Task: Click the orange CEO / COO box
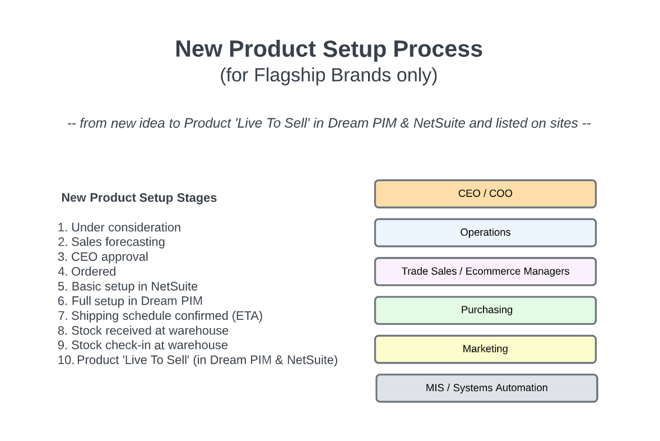click(x=485, y=194)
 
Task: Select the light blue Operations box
click(x=485, y=233)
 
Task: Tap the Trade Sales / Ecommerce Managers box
click(x=485, y=272)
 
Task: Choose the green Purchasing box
click(x=485, y=310)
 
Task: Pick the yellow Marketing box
click(x=485, y=349)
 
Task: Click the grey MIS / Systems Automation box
click(x=486, y=388)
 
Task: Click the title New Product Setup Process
click(x=329, y=49)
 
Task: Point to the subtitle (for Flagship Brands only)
click(x=329, y=76)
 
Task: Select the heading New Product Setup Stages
click(x=139, y=197)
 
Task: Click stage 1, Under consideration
click(x=119, y=227)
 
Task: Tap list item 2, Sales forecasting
click(x=111, y=242)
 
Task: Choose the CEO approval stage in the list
click(x=103, y=257)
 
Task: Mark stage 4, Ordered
click(x=87, y=272)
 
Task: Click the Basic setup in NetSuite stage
click(x=128, y=286)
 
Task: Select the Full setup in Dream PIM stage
click(x=130, y=301)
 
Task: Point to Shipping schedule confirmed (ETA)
click(x=160, y=316)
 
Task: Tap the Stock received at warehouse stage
click(x=143, y=330)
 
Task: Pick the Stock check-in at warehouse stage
click(x=143, y=345)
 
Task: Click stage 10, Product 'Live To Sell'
click(x=197, y=360)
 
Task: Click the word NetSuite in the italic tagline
click(x=439, y=123)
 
